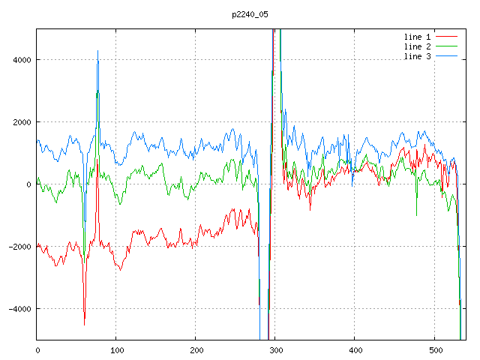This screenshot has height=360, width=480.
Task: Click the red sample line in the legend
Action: tap(446, 36)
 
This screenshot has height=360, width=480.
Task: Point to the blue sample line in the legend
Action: tap(446, 57)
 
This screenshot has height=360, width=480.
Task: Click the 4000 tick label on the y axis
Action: tap(21, 60)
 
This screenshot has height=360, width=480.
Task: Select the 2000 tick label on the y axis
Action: tap(21, 122)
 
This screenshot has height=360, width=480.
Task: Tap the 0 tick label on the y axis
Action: tap(28, 184)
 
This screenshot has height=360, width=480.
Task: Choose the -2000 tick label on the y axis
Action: tap(19, 247)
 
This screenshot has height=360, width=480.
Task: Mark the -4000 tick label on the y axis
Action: tap(19, 309)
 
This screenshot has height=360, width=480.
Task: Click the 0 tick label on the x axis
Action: tap(37, 349)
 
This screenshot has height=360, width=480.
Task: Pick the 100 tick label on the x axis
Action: tap(116, 349)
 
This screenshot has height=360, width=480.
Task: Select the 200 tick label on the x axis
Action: tap(196, 349)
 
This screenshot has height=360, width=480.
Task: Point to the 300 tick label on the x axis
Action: tap(275, 349)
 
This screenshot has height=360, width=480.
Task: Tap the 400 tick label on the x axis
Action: tap(355, 349)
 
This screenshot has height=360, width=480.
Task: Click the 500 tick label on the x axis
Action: tap(434, 349)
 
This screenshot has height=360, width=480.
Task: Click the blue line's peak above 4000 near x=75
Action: tap(97, 51)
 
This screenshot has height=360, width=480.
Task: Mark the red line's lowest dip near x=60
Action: tap(84, 324)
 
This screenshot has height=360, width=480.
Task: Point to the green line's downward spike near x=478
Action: tap(416, 215)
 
